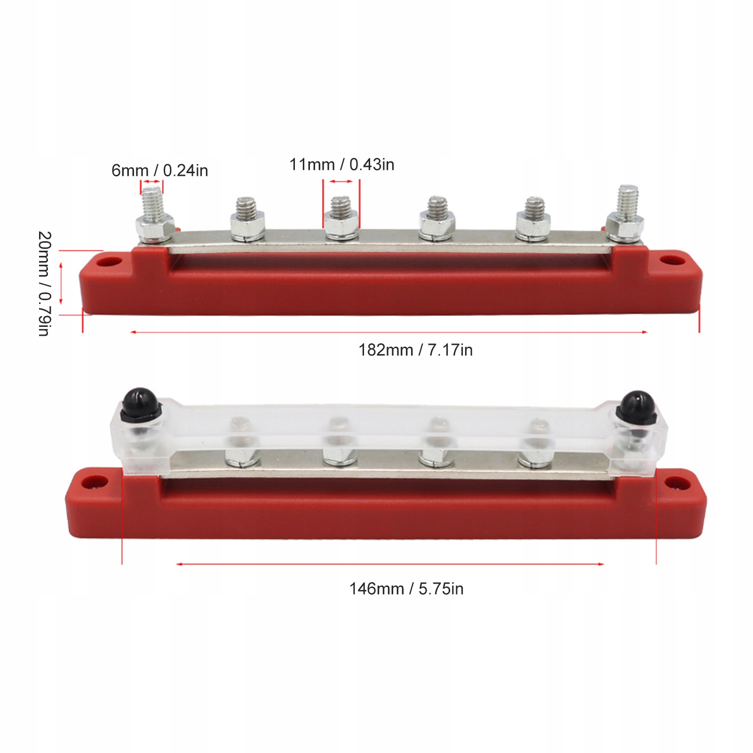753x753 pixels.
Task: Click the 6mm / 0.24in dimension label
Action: (160, 170)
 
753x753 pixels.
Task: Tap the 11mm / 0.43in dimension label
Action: (342, 165)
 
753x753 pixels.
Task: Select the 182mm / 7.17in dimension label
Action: (416, 350)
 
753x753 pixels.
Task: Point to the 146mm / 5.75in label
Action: (406, 589)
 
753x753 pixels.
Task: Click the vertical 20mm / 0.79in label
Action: (44, 284)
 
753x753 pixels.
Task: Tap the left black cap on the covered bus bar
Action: (140, 404)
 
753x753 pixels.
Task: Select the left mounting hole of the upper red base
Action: (112, 261)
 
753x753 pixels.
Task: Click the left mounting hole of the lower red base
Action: (94, 481)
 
